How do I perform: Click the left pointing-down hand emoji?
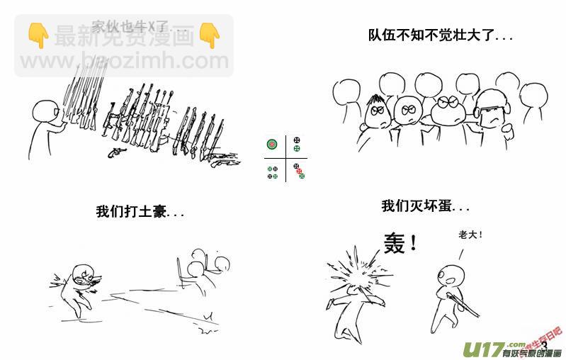[38, 34]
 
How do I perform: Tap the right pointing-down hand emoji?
[209, 34]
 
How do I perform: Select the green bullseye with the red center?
[271, 144]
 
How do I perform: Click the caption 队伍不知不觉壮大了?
[440, 35]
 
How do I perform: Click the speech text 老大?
[470, 234]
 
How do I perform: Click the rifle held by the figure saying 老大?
[465, 301]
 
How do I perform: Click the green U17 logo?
[480, 348]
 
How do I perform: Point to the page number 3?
[543, 345]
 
